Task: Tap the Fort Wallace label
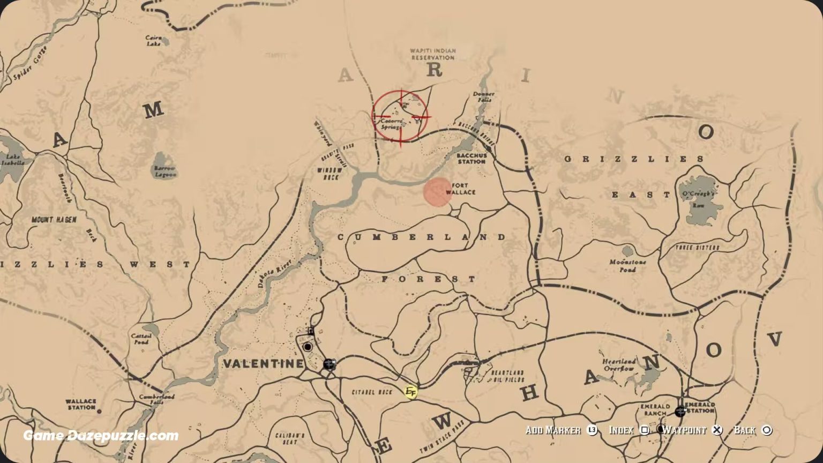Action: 460,189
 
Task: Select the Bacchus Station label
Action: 472,158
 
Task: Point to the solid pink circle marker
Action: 438,192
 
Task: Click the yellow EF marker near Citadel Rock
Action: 411,392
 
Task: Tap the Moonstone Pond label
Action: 627,266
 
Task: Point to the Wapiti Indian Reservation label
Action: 433,54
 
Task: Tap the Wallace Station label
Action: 81,404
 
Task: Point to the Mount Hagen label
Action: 54,220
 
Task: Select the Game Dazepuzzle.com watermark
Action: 101,436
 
